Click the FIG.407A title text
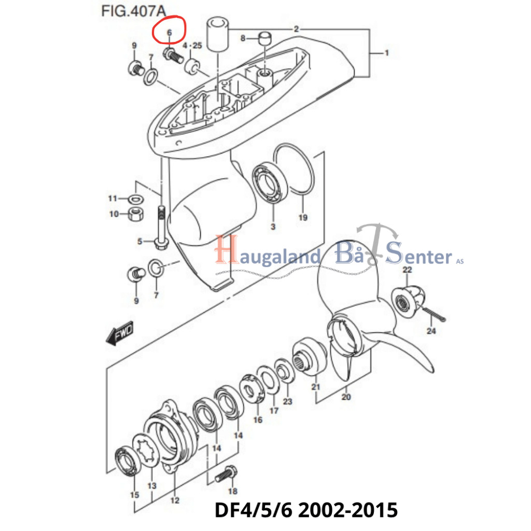[x=133, y=11]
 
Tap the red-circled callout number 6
[x=170, y=33]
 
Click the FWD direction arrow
[x=120, y=333]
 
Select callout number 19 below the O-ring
[x=303, y=217]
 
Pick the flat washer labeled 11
[x=136, y=199]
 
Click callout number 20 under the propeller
[x=346, y=397]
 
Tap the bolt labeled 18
[x=226, y=474]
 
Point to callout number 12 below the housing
[x=175, y=500]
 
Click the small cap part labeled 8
[x=265, y=38]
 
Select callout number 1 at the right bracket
[x=386, y=53]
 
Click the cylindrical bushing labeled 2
[x=217, y=34]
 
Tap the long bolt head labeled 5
[x=162, y=243]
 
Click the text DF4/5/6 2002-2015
[x=306, y=510]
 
